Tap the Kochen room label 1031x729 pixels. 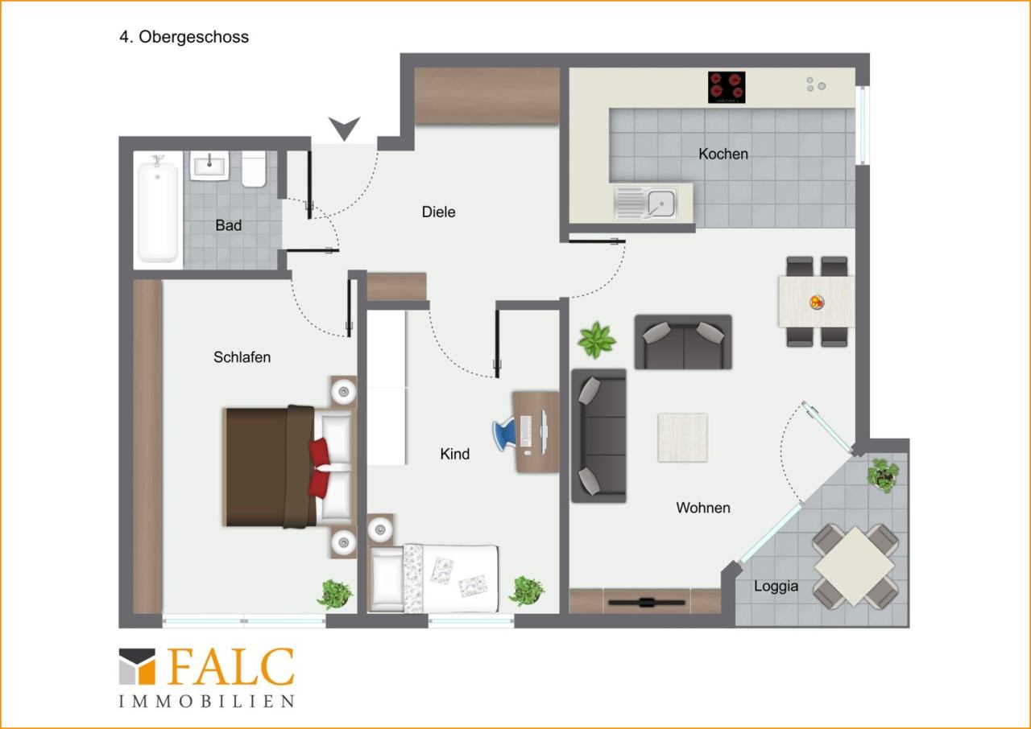pyautogui.click(x=723, y=154)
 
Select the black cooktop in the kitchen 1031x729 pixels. pyautogui.click(x=727, y=88)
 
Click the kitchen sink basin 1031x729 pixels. pyautogui.click(x=661, y=203)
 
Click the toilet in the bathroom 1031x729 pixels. pyautogui.click(x=254, y=169)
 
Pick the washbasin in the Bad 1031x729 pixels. pyautogui.click(x=209, y=166)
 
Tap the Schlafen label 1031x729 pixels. pyautogui.click(x=242, y=357)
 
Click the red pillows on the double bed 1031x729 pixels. pyautogui.click(x=319, y=468)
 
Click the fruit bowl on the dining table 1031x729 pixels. pyautogui.click(x=817, y=302)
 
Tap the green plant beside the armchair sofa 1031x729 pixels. pyautogui.click(x=597, y=340)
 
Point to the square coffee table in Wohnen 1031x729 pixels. pyautogui.click(x=682, y=437)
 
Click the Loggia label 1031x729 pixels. pyautogui.click(x=776, y=586)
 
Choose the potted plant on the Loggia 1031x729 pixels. pyautogui.click(x=883, y=476)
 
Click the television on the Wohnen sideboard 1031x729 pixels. pyautogui.click(x=646, y=602)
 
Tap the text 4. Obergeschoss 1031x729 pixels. pyautogui.click(x=184, y=37)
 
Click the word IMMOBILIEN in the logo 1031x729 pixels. pyautogui.click(x=207, y=702)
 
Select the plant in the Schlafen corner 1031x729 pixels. pyautogui.click(x=335, y=595)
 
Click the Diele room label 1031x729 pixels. pyautogui.click(x=438, y=212)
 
